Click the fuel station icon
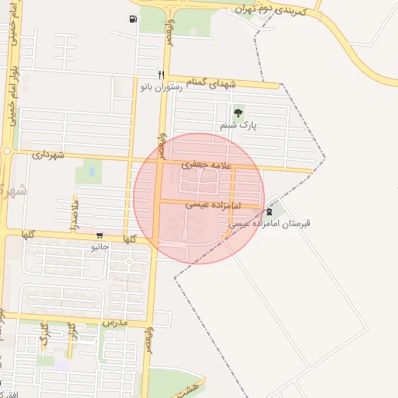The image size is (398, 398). (x=132, y=19)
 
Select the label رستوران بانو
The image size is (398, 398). (x=160, y=88)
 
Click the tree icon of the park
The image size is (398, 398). (x=238, y=113)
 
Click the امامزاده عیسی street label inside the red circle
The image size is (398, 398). (x=213, y=204)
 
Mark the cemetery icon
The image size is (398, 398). (x=269, y=211)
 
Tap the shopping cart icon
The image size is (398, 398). (x=99, y=236)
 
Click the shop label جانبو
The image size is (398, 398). (x=99, y=246)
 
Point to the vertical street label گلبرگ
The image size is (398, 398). (x=44, y=334)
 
